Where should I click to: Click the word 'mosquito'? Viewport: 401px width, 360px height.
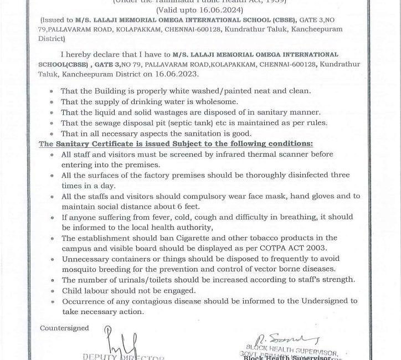click(x=86, y=269)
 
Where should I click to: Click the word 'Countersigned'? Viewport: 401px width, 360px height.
click(x=64, y=328)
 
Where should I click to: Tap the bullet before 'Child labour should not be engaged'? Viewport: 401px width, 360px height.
click(x=51, y=291)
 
